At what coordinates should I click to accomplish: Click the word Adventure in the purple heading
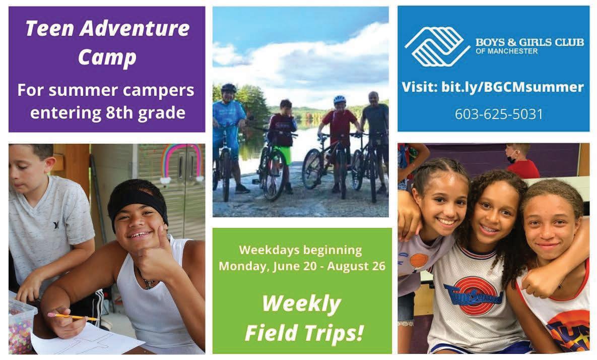point(135,29)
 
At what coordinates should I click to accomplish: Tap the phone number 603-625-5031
point(499,114)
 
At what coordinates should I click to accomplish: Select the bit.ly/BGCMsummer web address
point(512,87)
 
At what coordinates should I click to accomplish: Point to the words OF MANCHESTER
point(506,51)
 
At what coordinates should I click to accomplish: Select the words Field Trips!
point(304,333)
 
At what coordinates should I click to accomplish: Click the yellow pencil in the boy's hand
point(73,316)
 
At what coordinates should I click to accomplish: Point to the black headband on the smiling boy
point(137,201)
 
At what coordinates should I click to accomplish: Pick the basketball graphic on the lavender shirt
point(419,261)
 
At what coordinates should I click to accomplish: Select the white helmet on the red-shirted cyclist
point(339,99)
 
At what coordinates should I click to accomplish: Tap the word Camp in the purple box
point(107,57)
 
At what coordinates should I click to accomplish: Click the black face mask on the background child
point(511,159)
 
